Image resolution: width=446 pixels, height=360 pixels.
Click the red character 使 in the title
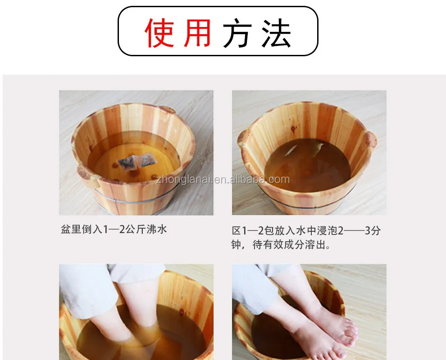click(x=159, y=33)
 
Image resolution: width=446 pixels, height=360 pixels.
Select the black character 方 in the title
click(x=237, y=33)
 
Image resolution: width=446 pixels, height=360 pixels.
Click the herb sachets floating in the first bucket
click(x=137, y=161)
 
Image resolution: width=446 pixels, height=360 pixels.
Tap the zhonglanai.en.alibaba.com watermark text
click(x=223, y=180)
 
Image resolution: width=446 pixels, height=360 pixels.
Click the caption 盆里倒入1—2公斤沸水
click(x=114, y=229)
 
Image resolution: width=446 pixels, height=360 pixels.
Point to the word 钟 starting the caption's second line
click(x=236, y=244)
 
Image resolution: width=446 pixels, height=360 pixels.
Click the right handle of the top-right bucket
click(x=371, y=139)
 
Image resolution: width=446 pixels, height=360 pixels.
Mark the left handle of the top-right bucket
click(x=242, y=138)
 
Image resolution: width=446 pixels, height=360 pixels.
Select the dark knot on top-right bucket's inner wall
click(x=293, y=129)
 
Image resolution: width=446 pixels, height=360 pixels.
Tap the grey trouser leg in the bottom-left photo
click(x=89, y=290)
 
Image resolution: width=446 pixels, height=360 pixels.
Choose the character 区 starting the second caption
click(x=237, y=230)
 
